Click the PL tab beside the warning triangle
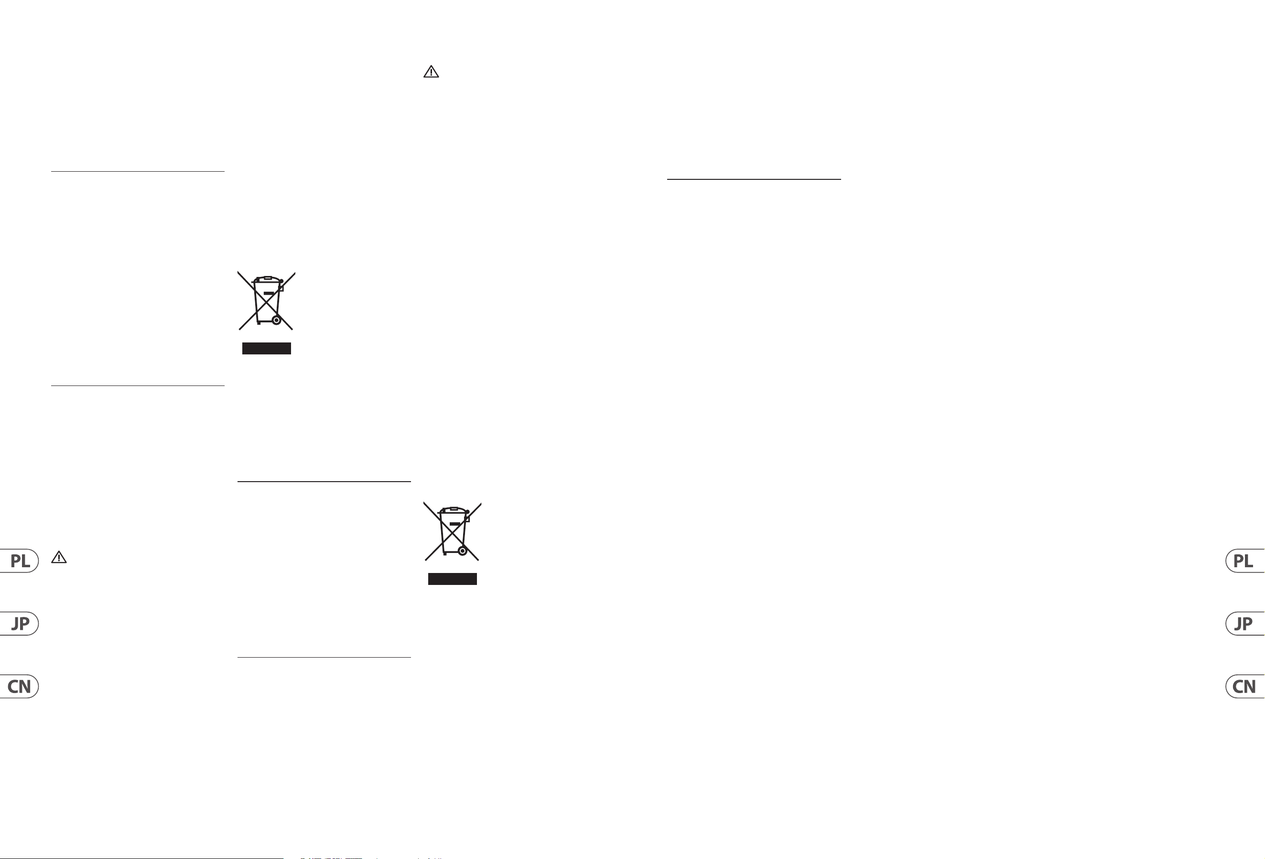[19, 561]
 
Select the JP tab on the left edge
[19, 623]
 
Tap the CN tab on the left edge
[19, 686]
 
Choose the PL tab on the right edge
[1245, 561]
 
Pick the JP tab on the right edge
[1245, 623]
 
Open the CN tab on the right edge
[1245, 686]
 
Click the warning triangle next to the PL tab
[59, 557]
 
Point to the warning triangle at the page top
[431, 72]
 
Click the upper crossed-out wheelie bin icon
[266, 301]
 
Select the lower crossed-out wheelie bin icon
[452, 532]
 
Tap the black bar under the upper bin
[267, 349]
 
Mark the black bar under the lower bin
[452, 579]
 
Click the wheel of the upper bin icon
[277, 320]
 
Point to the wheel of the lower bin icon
[463, 551]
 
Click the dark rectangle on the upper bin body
[269, 293]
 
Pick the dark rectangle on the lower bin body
[455, 524]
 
